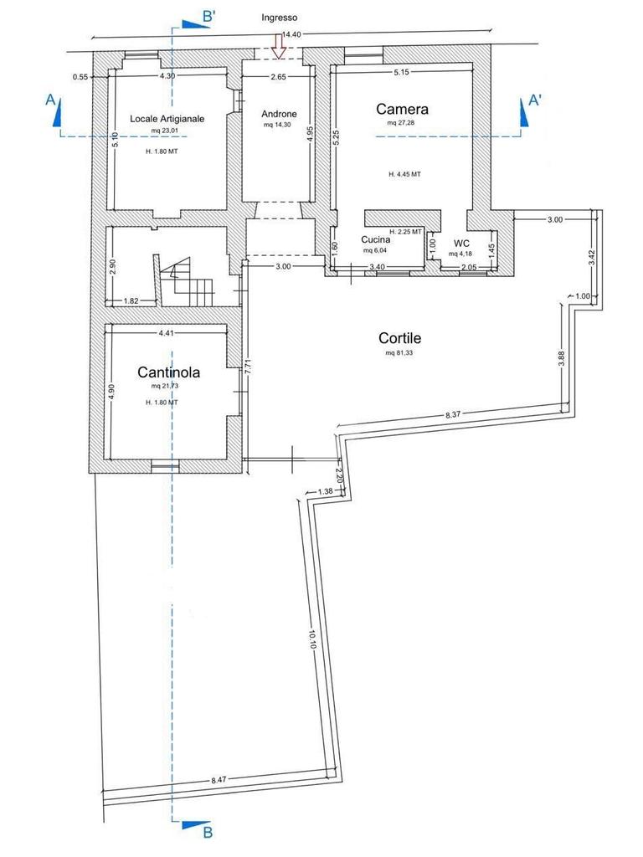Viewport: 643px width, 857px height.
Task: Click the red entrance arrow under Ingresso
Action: pyautogui.click(x=280, y=48)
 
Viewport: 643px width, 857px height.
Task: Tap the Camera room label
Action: pyautogui.click(x=402, y=110)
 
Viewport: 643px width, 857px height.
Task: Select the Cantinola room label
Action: pyautogui.click(x=168, y=372)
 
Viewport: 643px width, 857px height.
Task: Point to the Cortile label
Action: pyautogui.click(x=399, y=338)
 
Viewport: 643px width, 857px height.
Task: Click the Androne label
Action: pyautogui.click(x=279, y=114)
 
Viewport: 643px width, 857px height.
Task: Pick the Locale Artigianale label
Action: pyautogui.click(x=167, y=119)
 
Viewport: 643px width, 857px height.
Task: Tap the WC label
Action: pyautogui.click(x=461, y=244)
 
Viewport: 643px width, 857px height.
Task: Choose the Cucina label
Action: pyautogui.click(x=376, y=240)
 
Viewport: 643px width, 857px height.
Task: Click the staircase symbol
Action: pyautogui.click(x=183, y=282)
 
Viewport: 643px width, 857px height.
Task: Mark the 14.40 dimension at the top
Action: pyautogui.click(x=291, y=34)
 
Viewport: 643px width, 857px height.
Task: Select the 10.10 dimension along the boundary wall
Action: pyautogui.click(x=311, y=639)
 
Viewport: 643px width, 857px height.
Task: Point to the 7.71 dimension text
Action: pyautogui.click(x=247, y=366)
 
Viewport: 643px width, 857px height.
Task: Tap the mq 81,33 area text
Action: pyautogui.click(x=399, y=353)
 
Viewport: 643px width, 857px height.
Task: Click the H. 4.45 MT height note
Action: pyautogui.click(x=404, y=174)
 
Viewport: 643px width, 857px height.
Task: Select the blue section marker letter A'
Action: pyautogui.click(x=535, y=100)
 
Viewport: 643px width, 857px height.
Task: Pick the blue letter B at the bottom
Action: pyautogui.click(x=208, y=833)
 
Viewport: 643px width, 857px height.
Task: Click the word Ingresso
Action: pyautogui.click(x=280, y=18)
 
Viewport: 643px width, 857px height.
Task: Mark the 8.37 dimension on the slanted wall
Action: pyautogui.click(x=453, y=415)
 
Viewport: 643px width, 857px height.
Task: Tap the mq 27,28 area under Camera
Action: pyautogui.click(x=401, y=123)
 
